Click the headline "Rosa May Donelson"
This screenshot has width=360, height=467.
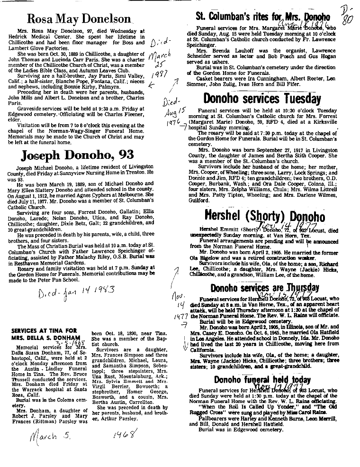(79, 19)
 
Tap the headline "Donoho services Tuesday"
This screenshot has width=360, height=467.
(262, 99)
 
